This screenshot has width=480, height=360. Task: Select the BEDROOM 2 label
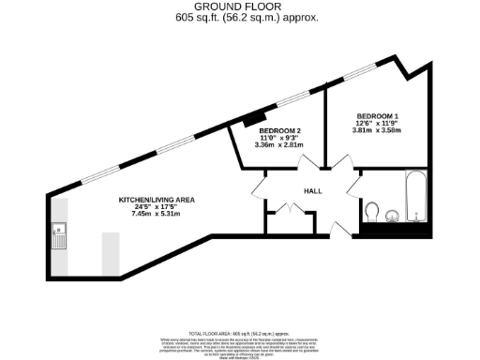coord(279,130)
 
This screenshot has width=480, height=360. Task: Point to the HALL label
coord(313,191)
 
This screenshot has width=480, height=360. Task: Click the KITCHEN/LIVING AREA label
coord(156,201)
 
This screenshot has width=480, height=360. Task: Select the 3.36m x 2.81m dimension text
coord(279,145)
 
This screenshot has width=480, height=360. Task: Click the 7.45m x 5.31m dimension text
coord(156,216)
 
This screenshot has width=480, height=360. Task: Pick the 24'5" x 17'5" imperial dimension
coord(156,208)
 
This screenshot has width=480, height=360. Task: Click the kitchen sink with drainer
coord(59,233)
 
